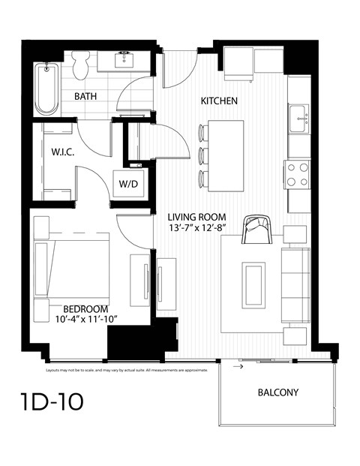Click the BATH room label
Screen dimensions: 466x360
[x=88, y=96]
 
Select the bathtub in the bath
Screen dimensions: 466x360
[x=46, y=89]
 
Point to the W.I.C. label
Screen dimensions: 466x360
[x=62, y=151]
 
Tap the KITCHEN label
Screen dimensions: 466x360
[x=219, y=101]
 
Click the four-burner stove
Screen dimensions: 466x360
[x=298, y=174]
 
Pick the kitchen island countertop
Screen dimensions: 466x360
[x=226, y=154]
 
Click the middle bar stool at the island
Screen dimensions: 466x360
[x=202, y=155]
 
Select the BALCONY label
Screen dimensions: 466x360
[x=277, y=392]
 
